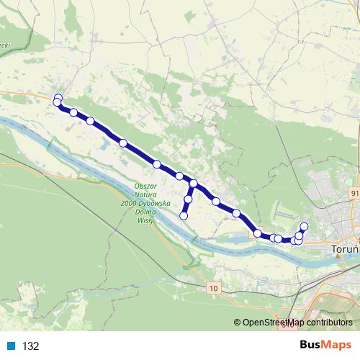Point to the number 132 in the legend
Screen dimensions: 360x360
pyautogui.click(x=30, y=346)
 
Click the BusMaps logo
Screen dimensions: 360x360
pyautogui.click(x=325, y=345)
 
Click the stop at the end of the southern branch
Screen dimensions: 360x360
pyautogui.click(x=184, y=215)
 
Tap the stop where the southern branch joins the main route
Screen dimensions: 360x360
pyautogui.click(x=194, y=184)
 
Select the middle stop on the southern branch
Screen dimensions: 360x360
pyautogui.click(x=189, y=199)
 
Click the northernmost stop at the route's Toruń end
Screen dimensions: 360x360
pyautogui.click(x=304, y=227)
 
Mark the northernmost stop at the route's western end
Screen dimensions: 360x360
pyautogui.click(x=58, y=97)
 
